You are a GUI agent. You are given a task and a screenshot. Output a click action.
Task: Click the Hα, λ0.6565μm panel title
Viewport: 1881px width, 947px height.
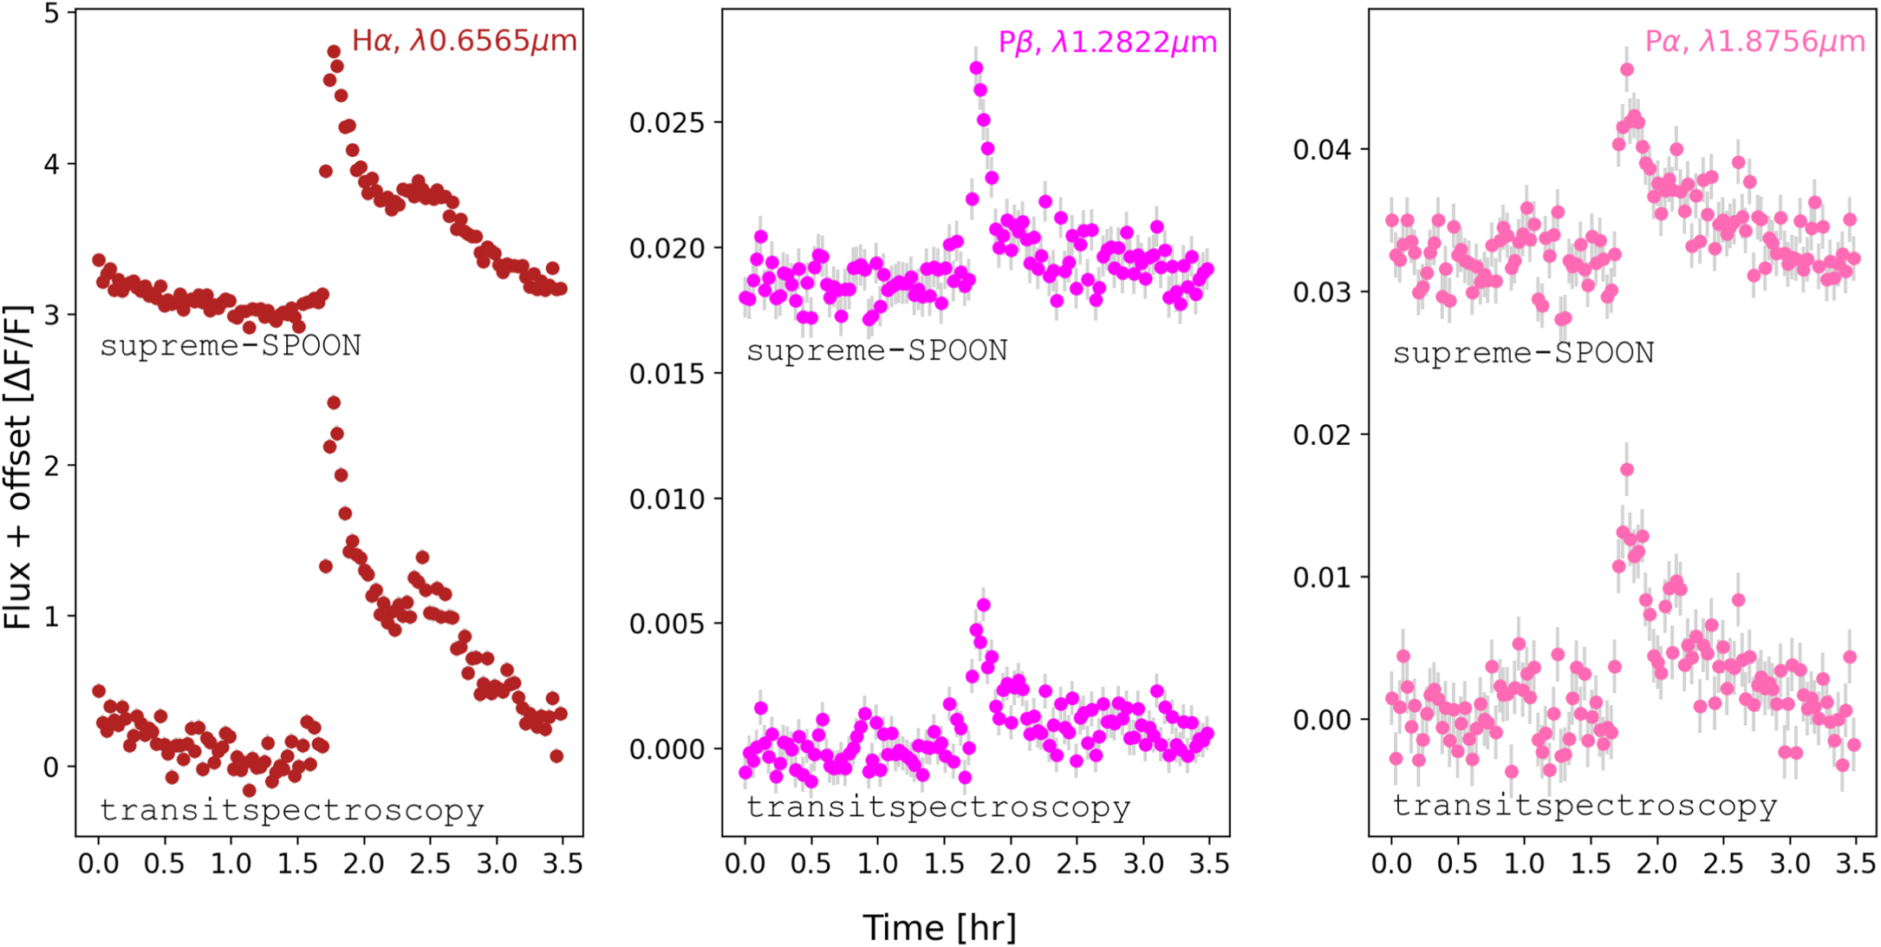[464, 41]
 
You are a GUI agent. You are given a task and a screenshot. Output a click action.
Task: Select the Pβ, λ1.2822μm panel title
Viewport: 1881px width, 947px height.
[1107, 42]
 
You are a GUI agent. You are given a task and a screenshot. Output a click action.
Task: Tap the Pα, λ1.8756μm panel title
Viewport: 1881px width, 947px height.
[1754, 42]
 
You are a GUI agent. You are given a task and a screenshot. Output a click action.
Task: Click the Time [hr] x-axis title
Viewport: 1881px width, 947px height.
[940, 927]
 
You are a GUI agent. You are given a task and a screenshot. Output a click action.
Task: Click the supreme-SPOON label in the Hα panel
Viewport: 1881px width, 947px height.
[230, 346]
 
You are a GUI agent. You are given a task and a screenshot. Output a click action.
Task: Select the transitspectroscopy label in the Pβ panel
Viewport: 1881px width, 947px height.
[938, 807]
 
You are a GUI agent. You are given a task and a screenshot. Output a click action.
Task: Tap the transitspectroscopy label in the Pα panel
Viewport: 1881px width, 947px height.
[1585, 806]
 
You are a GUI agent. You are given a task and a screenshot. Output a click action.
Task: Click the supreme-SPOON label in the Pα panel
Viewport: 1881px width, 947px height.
[1523, 353]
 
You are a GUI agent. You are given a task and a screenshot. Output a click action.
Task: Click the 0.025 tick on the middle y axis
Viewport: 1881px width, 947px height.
[666, 123]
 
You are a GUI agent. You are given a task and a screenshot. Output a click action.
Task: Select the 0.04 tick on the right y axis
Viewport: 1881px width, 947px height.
[1322, 150]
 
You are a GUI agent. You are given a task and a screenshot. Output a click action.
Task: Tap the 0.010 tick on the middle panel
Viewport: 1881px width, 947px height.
[666, 500]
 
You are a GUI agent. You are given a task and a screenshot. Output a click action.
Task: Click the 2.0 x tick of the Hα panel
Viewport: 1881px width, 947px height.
[363, 864]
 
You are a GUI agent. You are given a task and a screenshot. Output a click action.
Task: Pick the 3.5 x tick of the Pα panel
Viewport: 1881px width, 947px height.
[1855, 864]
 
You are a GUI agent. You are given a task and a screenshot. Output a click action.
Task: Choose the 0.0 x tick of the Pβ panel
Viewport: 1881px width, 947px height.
[745, 864]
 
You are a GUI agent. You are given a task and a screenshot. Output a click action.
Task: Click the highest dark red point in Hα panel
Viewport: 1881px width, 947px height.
[334, 52]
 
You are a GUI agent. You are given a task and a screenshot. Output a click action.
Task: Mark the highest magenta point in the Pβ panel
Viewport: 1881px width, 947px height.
[976, 68]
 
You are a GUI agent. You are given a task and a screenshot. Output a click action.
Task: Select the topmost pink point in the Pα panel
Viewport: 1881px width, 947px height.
[1627, 69]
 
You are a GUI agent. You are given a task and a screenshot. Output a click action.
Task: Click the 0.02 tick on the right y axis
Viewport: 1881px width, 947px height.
[1322, 434]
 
